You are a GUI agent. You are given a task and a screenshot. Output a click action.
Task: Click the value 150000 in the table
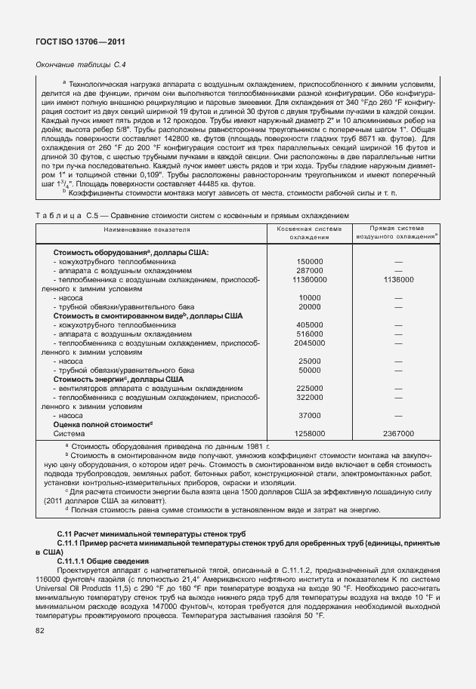[310, 261]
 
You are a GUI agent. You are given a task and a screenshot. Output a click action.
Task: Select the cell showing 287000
[310, 270]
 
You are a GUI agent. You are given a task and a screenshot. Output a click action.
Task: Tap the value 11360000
[310, 279]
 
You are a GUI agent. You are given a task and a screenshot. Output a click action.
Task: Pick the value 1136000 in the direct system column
[398, 279]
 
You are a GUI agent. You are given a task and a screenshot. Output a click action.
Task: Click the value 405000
[310, 325]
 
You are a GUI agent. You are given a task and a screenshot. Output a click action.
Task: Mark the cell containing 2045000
[310, 343]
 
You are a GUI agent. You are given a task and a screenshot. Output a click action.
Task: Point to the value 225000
[310, 388]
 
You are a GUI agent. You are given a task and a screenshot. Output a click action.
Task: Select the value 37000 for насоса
[310, 416]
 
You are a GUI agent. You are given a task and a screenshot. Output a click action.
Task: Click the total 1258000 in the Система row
[310, 434]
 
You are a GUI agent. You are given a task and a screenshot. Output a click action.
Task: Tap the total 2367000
[398, 434]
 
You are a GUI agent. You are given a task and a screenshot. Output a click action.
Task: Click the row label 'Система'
[64, 434]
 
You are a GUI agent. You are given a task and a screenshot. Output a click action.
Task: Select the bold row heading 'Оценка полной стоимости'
[103, 425]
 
